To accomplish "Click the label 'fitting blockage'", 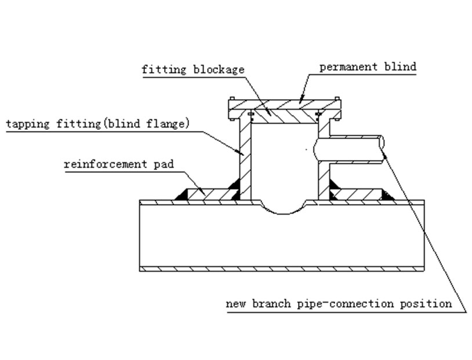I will click(193, 70).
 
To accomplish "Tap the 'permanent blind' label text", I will click(368, 67).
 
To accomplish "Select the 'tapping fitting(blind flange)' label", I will click(97, 123).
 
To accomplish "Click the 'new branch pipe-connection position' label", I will click(339, 303).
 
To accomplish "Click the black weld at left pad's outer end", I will click(181, 197).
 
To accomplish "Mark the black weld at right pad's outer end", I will click(387, 197).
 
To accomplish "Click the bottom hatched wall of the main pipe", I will click(282, 268).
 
